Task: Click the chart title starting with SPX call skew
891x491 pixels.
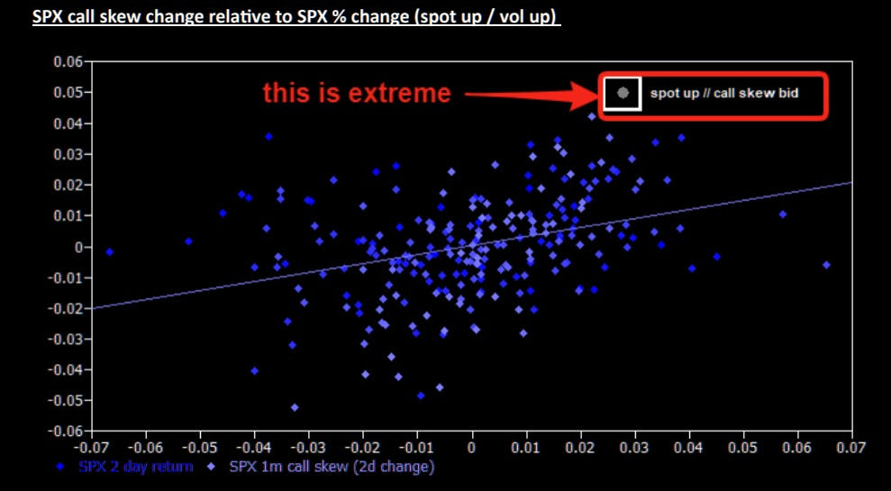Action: tap(296, 16)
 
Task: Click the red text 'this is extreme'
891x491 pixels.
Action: tap(357, 93)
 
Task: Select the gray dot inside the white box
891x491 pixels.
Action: tap(623, 93)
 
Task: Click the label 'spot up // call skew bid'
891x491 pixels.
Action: tap(724, 93)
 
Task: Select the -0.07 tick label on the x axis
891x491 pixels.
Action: tap(92, 447)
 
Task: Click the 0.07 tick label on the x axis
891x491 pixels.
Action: tap(851, 447)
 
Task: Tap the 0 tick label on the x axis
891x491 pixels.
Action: tap(472, 447)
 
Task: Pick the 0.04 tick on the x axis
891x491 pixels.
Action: tap(688, 447)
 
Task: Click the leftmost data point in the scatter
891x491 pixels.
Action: tap(110, 251)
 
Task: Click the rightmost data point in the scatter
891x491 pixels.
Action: tap(826, 265)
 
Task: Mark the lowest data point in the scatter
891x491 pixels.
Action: tap(295, 407)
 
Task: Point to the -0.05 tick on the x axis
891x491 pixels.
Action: tap(201, 447)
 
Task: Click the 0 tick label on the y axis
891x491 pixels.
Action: tap(79, 247)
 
